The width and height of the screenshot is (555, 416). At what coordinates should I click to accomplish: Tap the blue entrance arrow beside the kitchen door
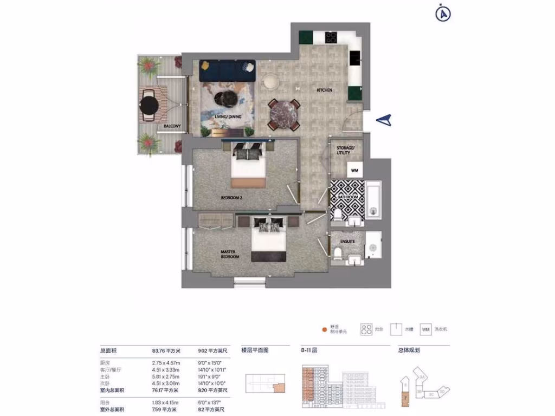[x=384, y=121]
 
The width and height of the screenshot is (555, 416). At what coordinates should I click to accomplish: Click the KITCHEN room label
[x=324, y=90]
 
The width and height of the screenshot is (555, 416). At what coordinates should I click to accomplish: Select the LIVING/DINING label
[x=228, y=116]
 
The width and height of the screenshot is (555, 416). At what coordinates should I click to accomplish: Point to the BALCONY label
[x=172, y=127]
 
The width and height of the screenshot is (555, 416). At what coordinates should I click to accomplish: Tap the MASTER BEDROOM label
[x=230, y=254]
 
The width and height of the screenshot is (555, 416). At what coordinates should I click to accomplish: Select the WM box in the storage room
[x=354, y=170]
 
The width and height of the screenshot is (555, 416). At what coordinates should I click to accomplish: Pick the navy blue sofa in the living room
[x=227, y=71]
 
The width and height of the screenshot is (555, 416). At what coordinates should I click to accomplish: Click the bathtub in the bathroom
[x=374, y=199]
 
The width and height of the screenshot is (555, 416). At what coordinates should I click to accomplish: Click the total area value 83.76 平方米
[x=166, y=350]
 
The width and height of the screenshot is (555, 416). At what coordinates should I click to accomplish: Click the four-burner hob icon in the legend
[x=366, y=329]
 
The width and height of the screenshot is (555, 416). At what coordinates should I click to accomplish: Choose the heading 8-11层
[x=309, y=350]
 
